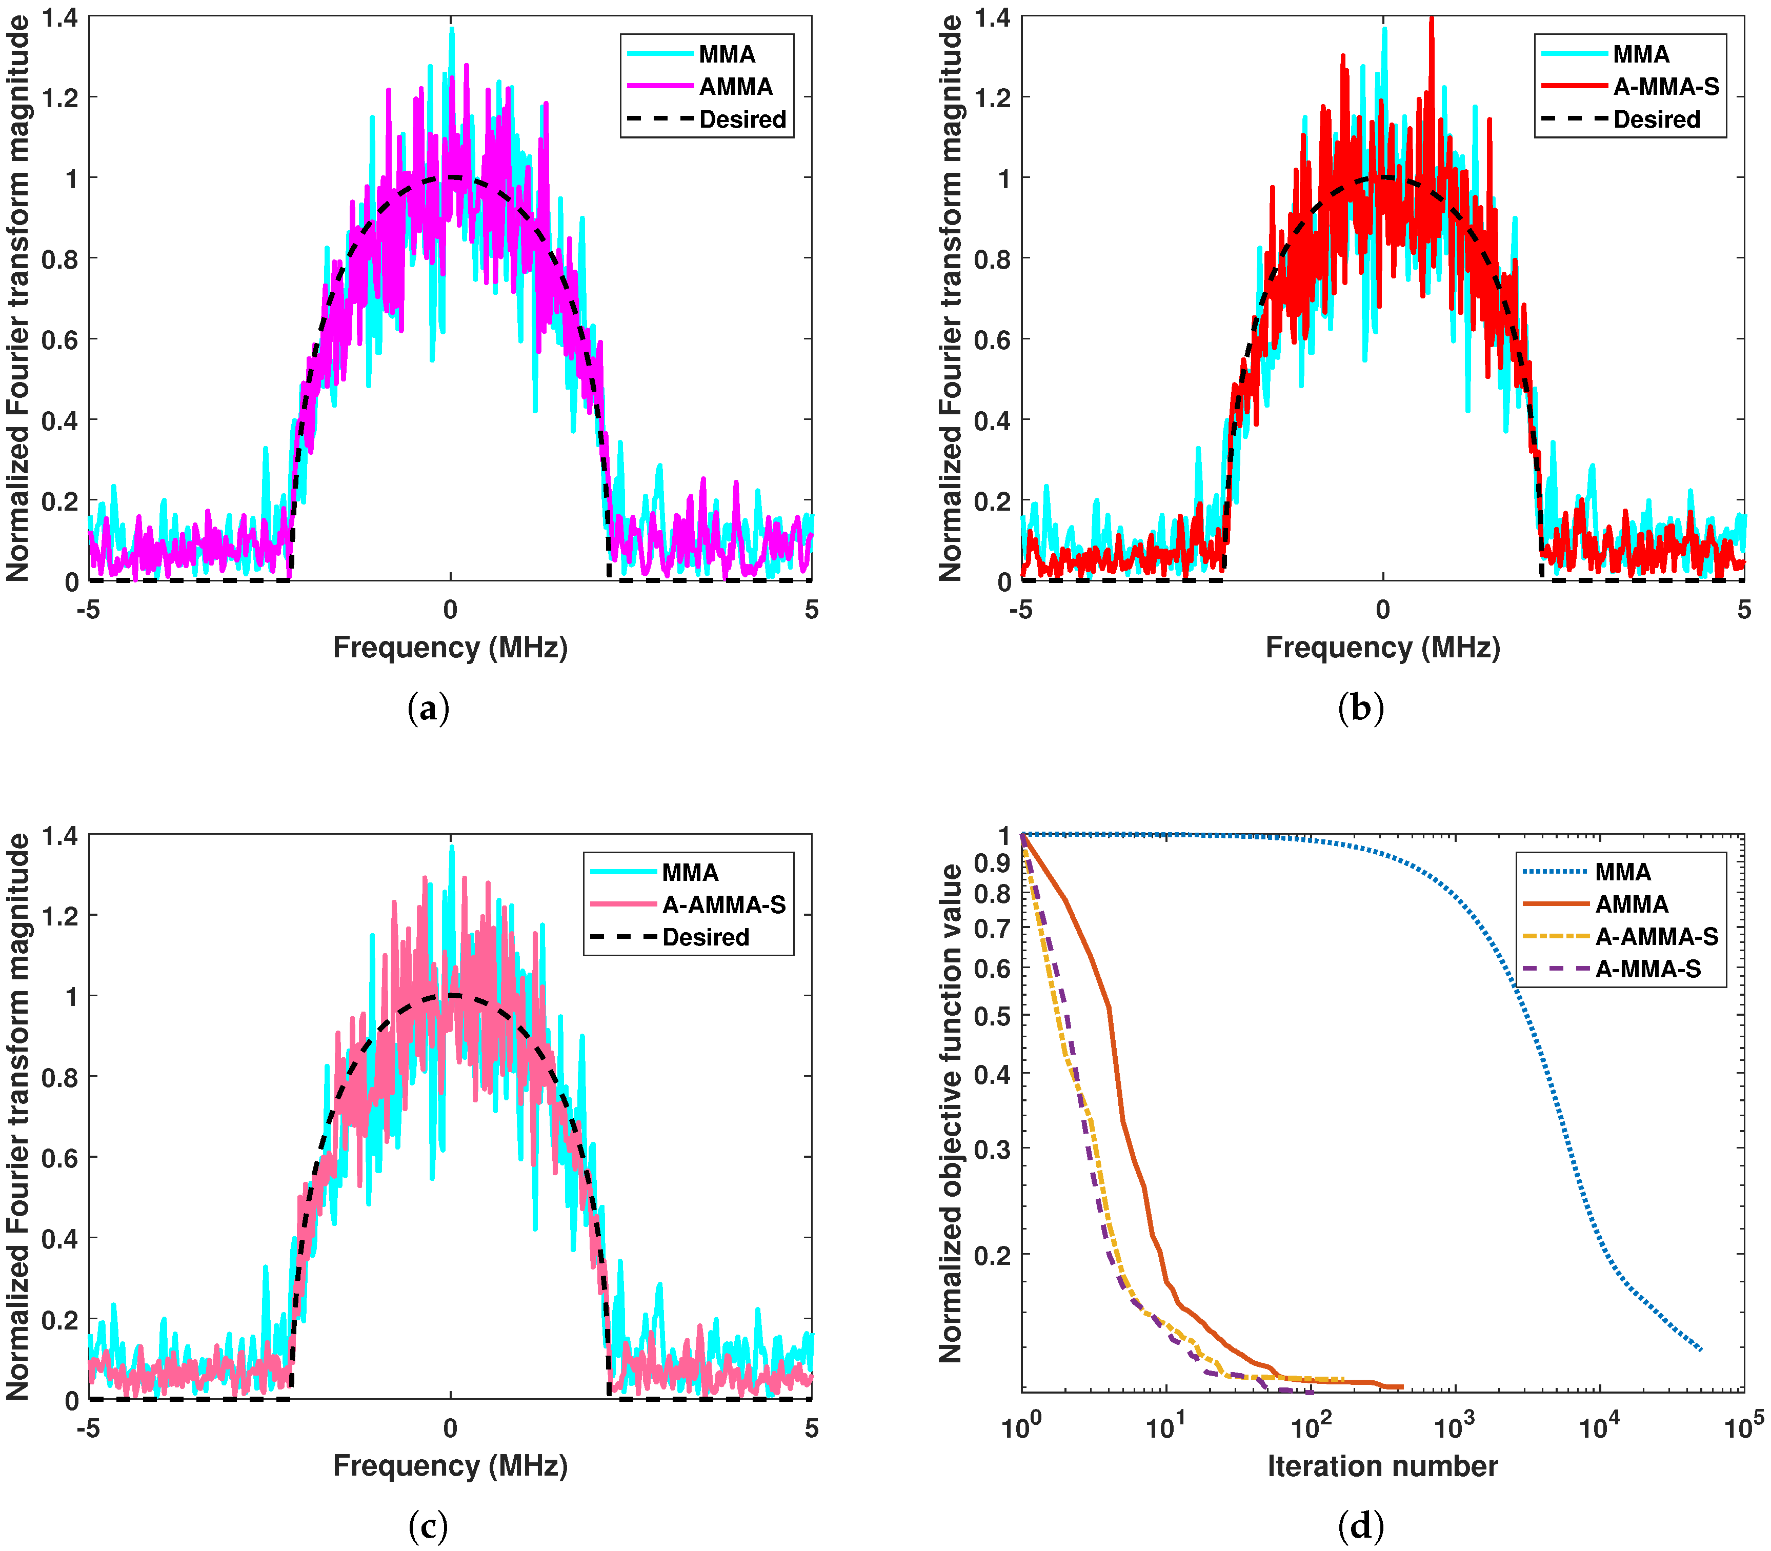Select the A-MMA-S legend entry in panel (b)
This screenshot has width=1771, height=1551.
(1665, 87)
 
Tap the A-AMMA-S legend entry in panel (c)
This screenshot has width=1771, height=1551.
(723, 904)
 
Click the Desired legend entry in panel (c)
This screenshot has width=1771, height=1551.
(706, 937)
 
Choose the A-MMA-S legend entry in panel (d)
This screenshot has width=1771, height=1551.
(1648, 970)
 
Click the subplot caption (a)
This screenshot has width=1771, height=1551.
(429, 709)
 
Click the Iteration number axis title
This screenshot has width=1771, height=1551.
(1382, 1466)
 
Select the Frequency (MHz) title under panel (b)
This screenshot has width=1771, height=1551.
(1382, 648)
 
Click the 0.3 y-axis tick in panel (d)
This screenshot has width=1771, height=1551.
(992, 1149)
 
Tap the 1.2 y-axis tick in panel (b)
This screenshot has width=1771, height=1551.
(992, 97)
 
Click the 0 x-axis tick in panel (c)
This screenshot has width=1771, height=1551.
(450, 1428)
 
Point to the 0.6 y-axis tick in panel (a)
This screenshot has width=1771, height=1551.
(59, 339)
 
